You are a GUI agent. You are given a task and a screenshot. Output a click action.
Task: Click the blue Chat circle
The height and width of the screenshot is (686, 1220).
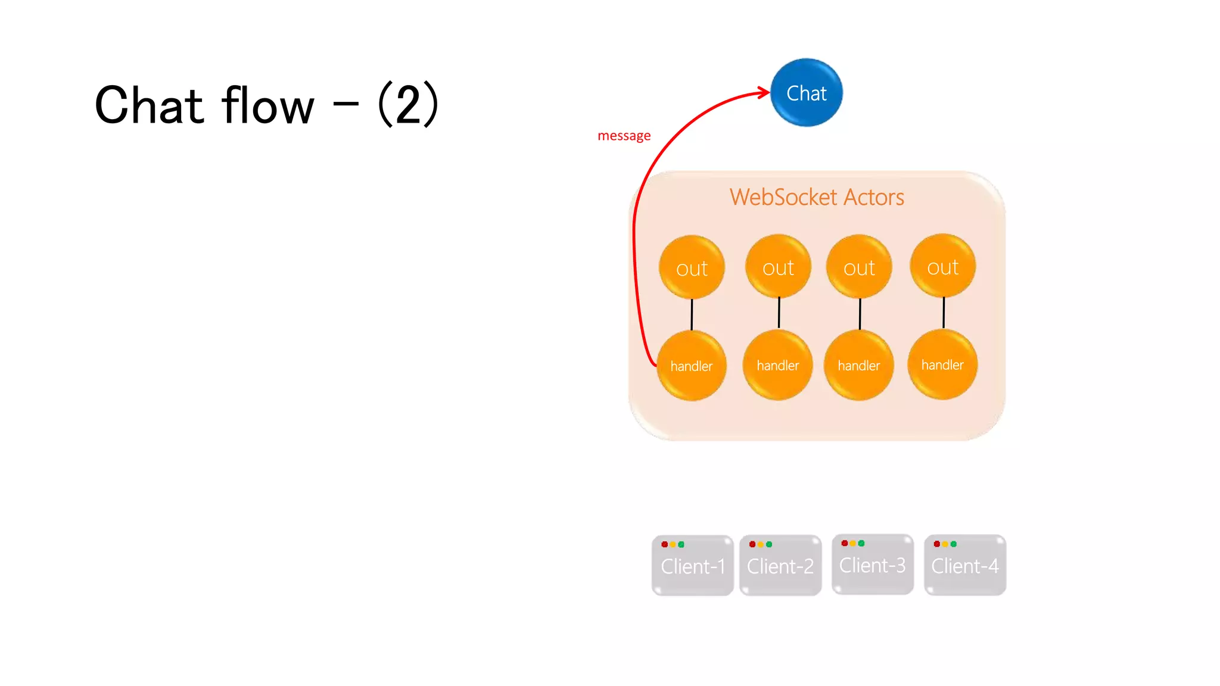(x=806, y=93)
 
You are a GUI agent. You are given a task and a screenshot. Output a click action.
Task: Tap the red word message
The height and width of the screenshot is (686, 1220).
(x=624, y=136)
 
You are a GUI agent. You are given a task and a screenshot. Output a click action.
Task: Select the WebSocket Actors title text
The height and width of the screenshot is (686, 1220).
(x=817, y=197)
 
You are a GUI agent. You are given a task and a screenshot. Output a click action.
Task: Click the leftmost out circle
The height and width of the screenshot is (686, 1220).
(x=692, y=267)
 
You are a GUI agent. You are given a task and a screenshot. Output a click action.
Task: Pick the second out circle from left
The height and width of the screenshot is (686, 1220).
(x=778, y=267)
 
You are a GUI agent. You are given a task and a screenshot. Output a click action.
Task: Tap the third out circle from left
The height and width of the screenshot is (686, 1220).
(x=859, y=267)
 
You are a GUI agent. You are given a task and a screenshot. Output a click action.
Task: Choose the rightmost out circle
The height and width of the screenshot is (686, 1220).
(x=942, y=266)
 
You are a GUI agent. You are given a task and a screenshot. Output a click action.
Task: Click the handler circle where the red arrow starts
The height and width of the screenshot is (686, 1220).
(x=692, y=366)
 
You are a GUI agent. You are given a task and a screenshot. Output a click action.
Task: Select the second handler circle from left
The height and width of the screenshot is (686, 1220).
(x=778, y=365)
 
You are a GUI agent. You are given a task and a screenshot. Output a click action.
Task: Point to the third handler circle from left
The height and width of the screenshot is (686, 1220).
(x=859, y=365)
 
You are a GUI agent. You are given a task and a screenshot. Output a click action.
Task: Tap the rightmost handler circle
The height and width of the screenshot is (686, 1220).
(x=942, y=364)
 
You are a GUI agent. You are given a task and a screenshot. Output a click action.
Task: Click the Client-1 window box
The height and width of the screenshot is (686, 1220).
(x=693, y=566)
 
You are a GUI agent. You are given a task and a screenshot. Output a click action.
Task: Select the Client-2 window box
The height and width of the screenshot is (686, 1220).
(x=780, y=566)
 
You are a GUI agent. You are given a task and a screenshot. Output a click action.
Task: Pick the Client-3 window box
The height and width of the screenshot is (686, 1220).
(x=873, y=565)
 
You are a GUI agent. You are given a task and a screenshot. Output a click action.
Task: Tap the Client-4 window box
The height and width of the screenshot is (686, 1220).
(x=965, y=566)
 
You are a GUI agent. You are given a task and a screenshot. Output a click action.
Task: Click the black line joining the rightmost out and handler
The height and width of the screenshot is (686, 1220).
(x=944, y=313)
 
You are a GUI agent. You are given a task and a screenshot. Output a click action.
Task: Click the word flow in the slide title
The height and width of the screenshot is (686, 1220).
(x=267, y=105)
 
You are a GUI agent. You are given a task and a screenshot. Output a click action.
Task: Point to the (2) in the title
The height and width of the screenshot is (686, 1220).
(x=409, y=104)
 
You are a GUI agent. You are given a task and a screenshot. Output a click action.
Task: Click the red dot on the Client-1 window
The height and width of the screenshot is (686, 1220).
(x=664, y=544)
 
